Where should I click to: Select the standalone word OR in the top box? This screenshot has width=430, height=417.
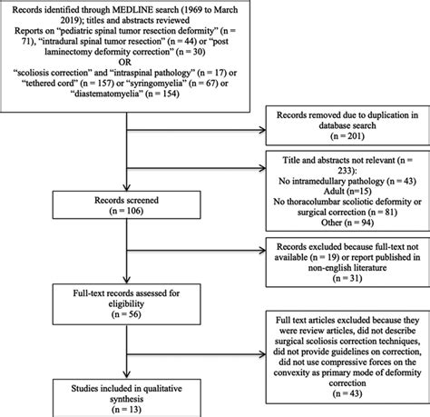click(x=125, y=62)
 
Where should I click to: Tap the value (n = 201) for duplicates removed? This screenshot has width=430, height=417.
click(x=347, y=136)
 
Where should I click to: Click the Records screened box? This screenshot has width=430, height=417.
click(x=126, y=204)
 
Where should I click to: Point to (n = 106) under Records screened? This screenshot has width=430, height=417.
click(x=126, y=211)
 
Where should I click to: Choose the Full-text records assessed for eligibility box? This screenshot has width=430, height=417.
click(x=126, y=304)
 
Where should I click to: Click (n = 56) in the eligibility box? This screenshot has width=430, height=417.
click(x=126, y=314)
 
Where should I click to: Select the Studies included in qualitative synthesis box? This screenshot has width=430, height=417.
click(x=126, y=398)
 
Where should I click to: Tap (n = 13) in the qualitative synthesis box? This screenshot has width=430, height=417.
click(x=126, y=410)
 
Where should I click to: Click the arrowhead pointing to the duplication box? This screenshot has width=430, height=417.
click(x=262, y=130)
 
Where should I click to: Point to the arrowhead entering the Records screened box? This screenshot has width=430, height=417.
click(x=126, y=187)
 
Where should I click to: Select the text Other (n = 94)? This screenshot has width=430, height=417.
click(x=347, y=223)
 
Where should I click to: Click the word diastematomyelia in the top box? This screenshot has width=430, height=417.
click(x=108, y=94)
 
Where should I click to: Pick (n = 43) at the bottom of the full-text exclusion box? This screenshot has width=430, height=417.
click(x=347, y=393)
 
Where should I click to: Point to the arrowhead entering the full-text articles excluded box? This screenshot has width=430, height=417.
click(x=262, y=354)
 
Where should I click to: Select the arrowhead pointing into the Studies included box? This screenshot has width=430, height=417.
click(x=126, y=375)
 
